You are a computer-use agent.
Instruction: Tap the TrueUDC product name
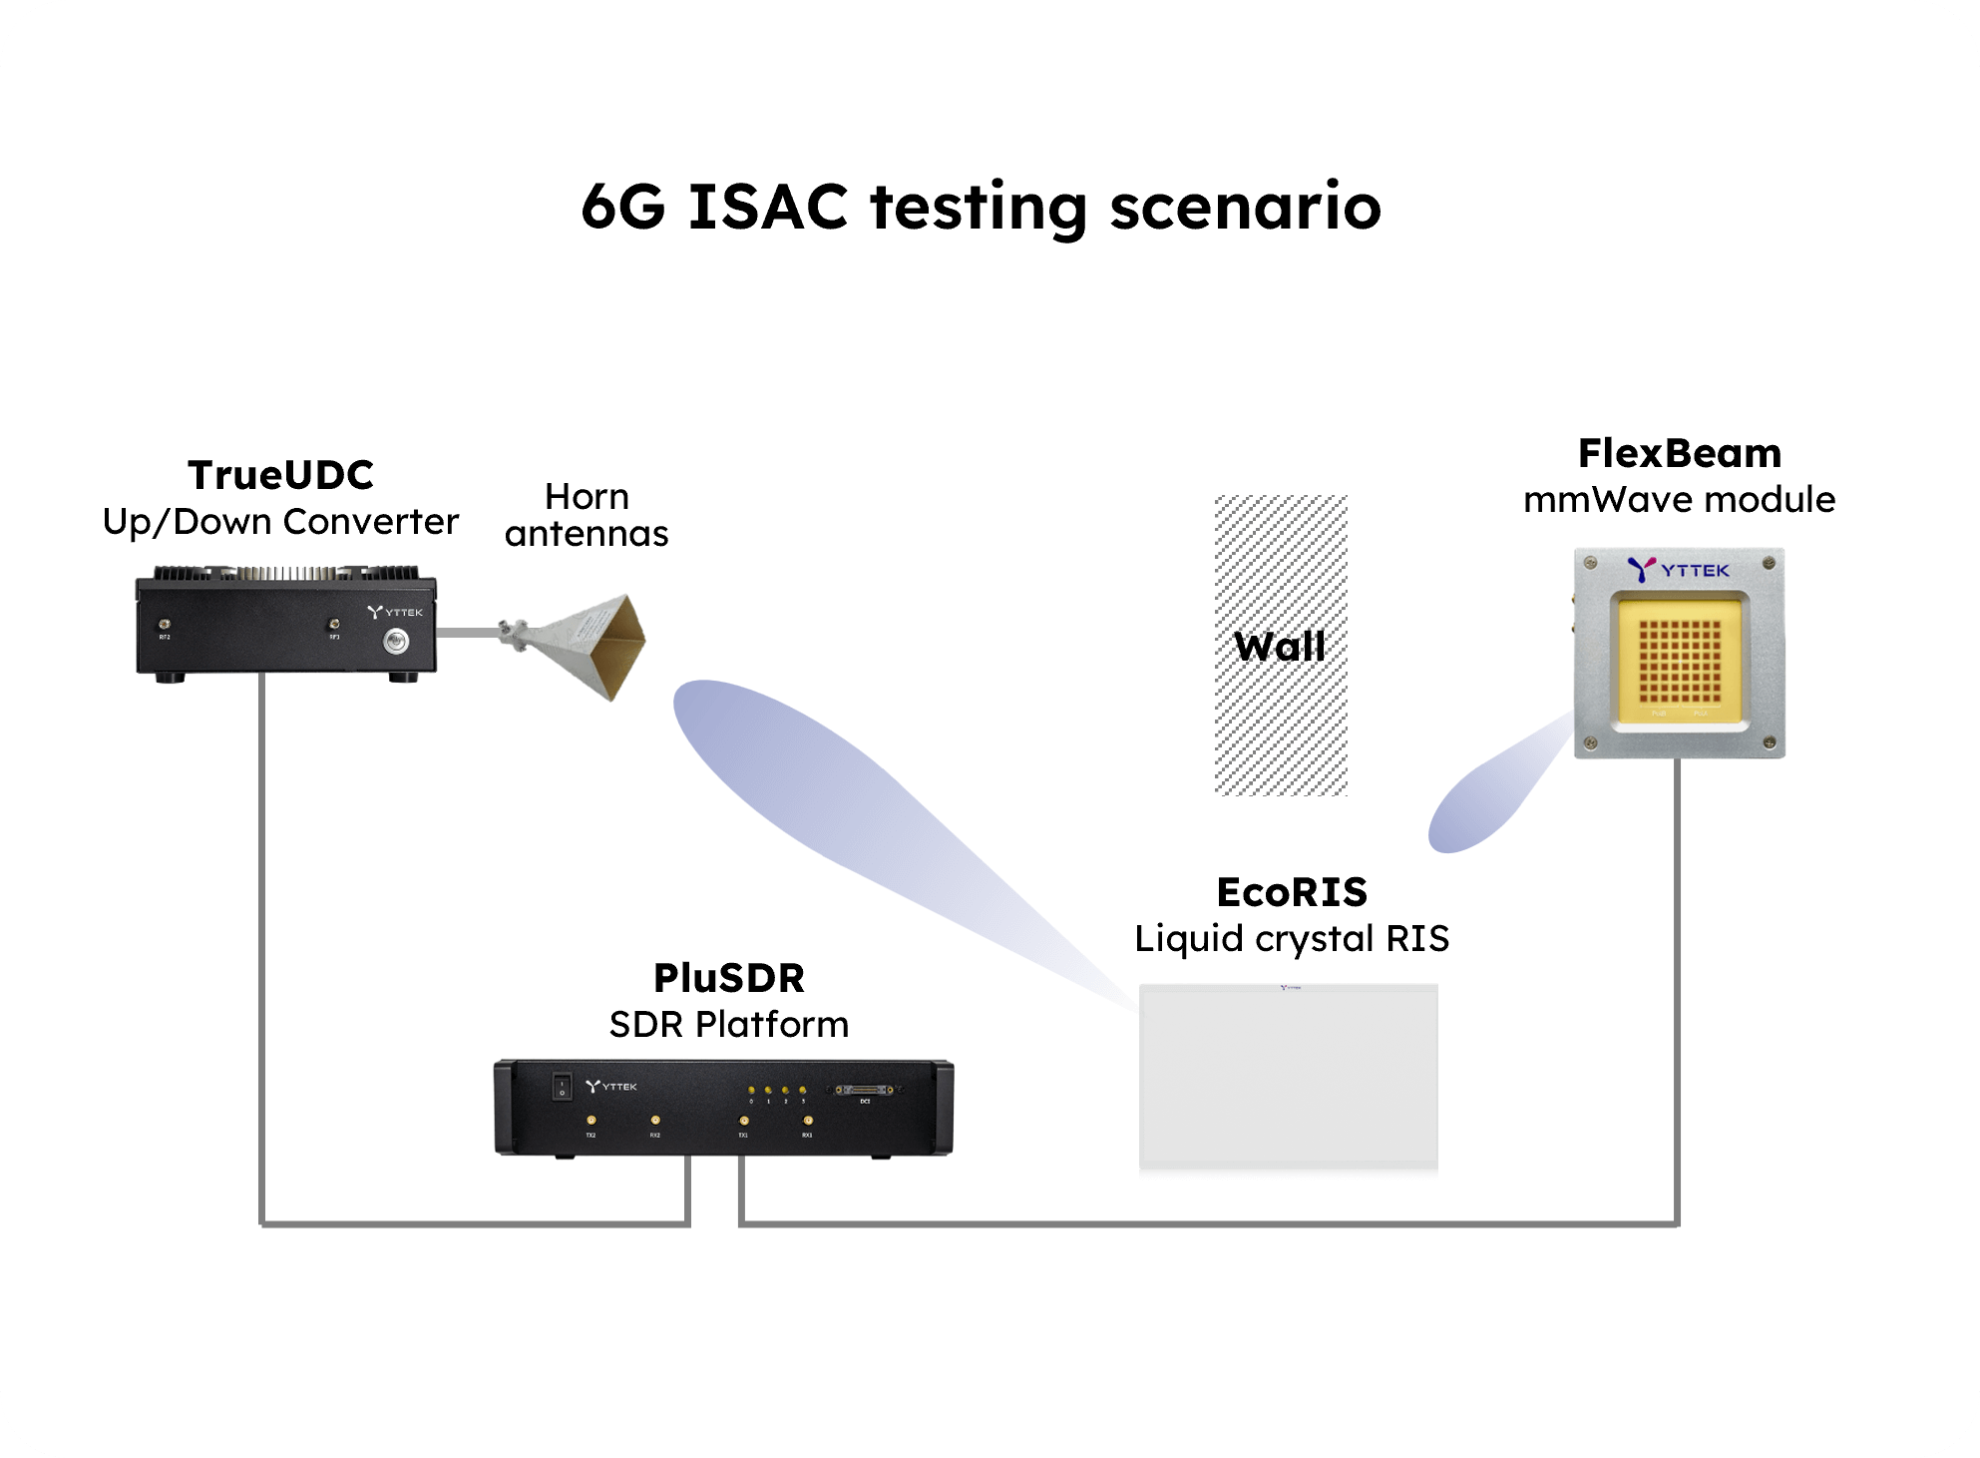click(280, 475)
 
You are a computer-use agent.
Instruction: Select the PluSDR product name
click(728, 978)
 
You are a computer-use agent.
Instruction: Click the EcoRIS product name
click(1292, 892)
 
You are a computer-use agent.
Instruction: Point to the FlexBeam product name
click(1680, 454)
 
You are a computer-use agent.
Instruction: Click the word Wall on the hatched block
click(1280, 647)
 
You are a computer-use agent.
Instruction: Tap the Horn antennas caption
click(587, 515)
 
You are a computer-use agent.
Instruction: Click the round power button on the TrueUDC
click(396, 642)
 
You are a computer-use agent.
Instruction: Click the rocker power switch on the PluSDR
click(563, 1086)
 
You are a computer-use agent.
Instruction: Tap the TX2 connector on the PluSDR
click(591, 1122)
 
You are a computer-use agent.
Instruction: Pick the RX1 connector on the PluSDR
click(807, 1122)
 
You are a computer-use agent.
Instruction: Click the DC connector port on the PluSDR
click(865, 1091)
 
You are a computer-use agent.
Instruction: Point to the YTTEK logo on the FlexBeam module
click(1679, 570)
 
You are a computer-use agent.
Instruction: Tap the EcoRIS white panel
click(1288, 1078)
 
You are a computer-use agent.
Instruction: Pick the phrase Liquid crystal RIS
click(1292, 939)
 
